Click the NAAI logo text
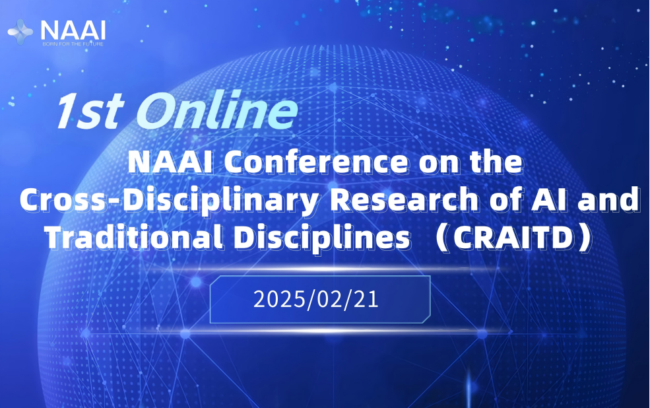[72, 28]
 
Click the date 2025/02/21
[317, 299]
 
